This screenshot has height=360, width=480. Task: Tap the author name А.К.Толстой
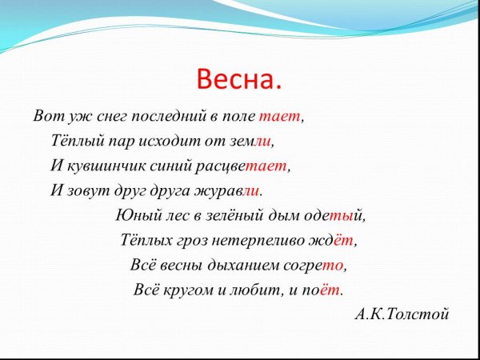coord(402,313)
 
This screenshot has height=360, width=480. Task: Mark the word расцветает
coord(250,166)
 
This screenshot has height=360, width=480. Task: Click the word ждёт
coord(335,239)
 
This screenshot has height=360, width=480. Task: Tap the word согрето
coord(318,265)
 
